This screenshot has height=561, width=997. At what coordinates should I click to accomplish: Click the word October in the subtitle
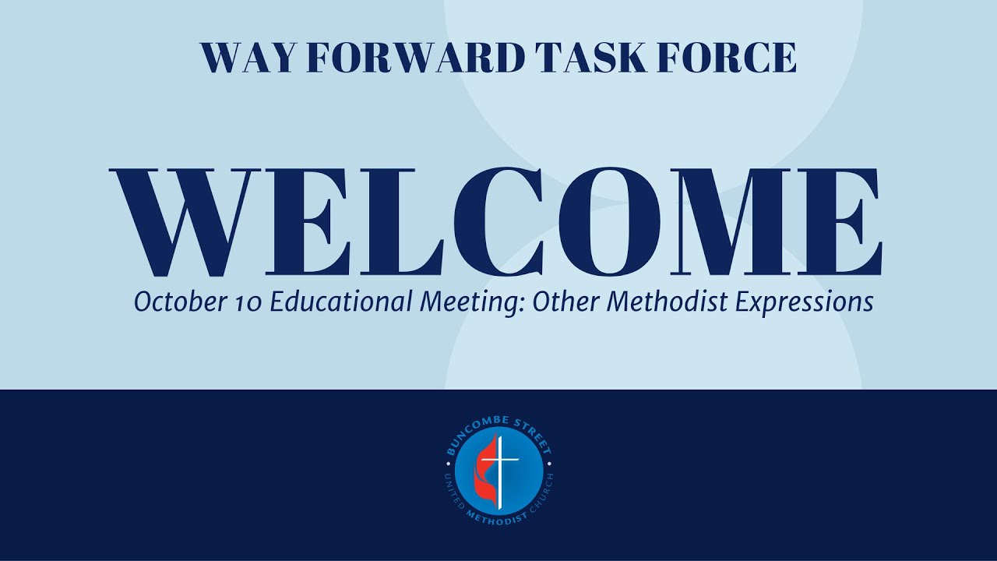tap(176, 302)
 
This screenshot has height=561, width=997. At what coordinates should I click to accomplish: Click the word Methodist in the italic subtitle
tap(664, 302)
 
